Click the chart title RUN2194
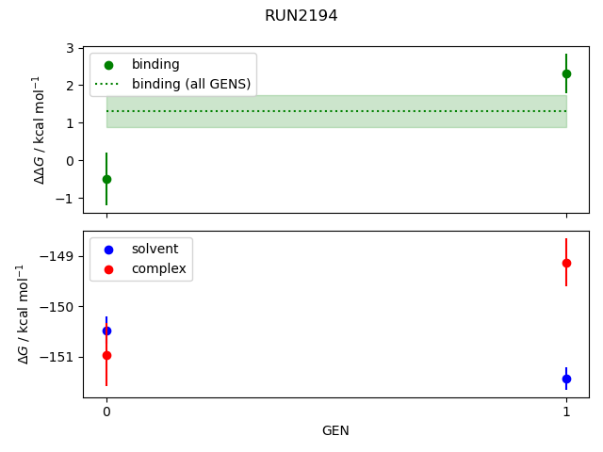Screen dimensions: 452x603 point(301,16)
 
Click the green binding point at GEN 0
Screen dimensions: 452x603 point(106,179)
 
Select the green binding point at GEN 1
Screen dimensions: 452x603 point(566,73)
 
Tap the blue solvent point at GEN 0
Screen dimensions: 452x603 point(106,331)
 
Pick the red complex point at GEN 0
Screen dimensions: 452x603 point(106,355)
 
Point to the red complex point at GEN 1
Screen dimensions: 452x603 point(566,263)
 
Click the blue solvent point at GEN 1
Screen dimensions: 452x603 point(566,379)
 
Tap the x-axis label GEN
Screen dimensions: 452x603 point(335,431)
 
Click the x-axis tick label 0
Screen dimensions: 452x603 point(106,412)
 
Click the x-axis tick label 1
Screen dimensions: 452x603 point(566,412)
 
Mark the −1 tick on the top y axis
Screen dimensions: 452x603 point(67,199)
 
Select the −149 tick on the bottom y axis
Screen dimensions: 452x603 point(59,256)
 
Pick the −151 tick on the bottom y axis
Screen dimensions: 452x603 point(59,358)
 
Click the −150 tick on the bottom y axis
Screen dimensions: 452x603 point(59,307)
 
